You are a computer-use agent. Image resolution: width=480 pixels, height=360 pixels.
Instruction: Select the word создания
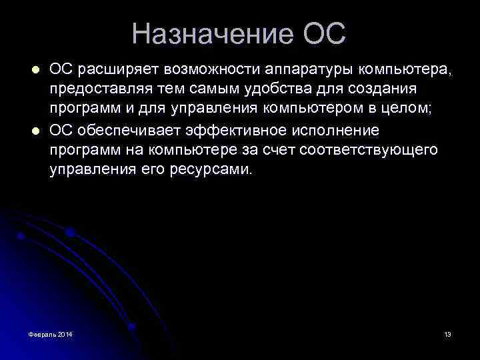coord(393,90)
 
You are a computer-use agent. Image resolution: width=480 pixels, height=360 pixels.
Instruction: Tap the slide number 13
coord(447,333)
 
